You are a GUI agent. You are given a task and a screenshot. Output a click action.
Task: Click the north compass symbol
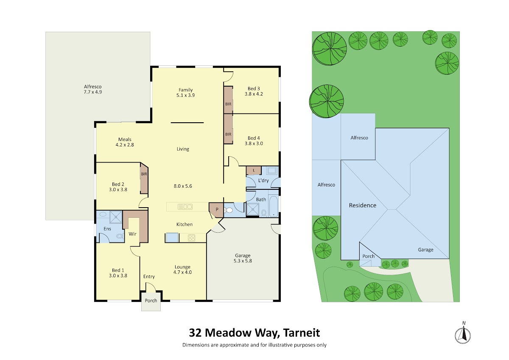pos(463,335)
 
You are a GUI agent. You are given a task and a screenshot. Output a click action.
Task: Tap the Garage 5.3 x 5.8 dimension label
pos(243,258)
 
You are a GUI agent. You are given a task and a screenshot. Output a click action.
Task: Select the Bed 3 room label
pos(254,88)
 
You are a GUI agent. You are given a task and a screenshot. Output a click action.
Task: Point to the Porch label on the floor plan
pos(151,301)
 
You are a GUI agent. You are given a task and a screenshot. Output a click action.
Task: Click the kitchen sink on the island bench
pos(185,207)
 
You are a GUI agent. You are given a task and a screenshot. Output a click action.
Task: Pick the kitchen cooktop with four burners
pos(192,238)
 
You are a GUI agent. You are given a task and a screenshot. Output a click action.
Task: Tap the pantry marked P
pos(216,210)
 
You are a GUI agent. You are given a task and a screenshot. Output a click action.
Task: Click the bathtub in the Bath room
pos(273,206)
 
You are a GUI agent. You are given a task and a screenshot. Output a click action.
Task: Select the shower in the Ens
pos(116,217)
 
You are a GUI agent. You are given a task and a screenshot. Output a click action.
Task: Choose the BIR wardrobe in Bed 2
pos(144,178)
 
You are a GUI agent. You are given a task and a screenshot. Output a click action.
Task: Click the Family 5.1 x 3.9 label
pos(186,93)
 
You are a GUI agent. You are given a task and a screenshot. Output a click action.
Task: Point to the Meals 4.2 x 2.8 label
pos(125,142)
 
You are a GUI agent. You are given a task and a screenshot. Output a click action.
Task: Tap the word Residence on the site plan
pos(362,205)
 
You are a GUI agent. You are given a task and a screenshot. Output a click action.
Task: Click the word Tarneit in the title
pos(302,333)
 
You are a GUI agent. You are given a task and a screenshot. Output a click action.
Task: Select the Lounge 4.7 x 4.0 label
pos(182,270)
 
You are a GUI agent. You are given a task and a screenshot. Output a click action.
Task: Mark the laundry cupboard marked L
pos(254,171)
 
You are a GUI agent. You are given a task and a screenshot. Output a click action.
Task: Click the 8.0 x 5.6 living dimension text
pos(183,186)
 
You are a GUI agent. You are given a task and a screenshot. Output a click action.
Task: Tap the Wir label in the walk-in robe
pos(132,234)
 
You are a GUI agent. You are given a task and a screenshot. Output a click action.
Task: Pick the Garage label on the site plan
pos(425,250)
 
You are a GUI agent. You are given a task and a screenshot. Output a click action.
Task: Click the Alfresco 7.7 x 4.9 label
pos(93,89)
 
